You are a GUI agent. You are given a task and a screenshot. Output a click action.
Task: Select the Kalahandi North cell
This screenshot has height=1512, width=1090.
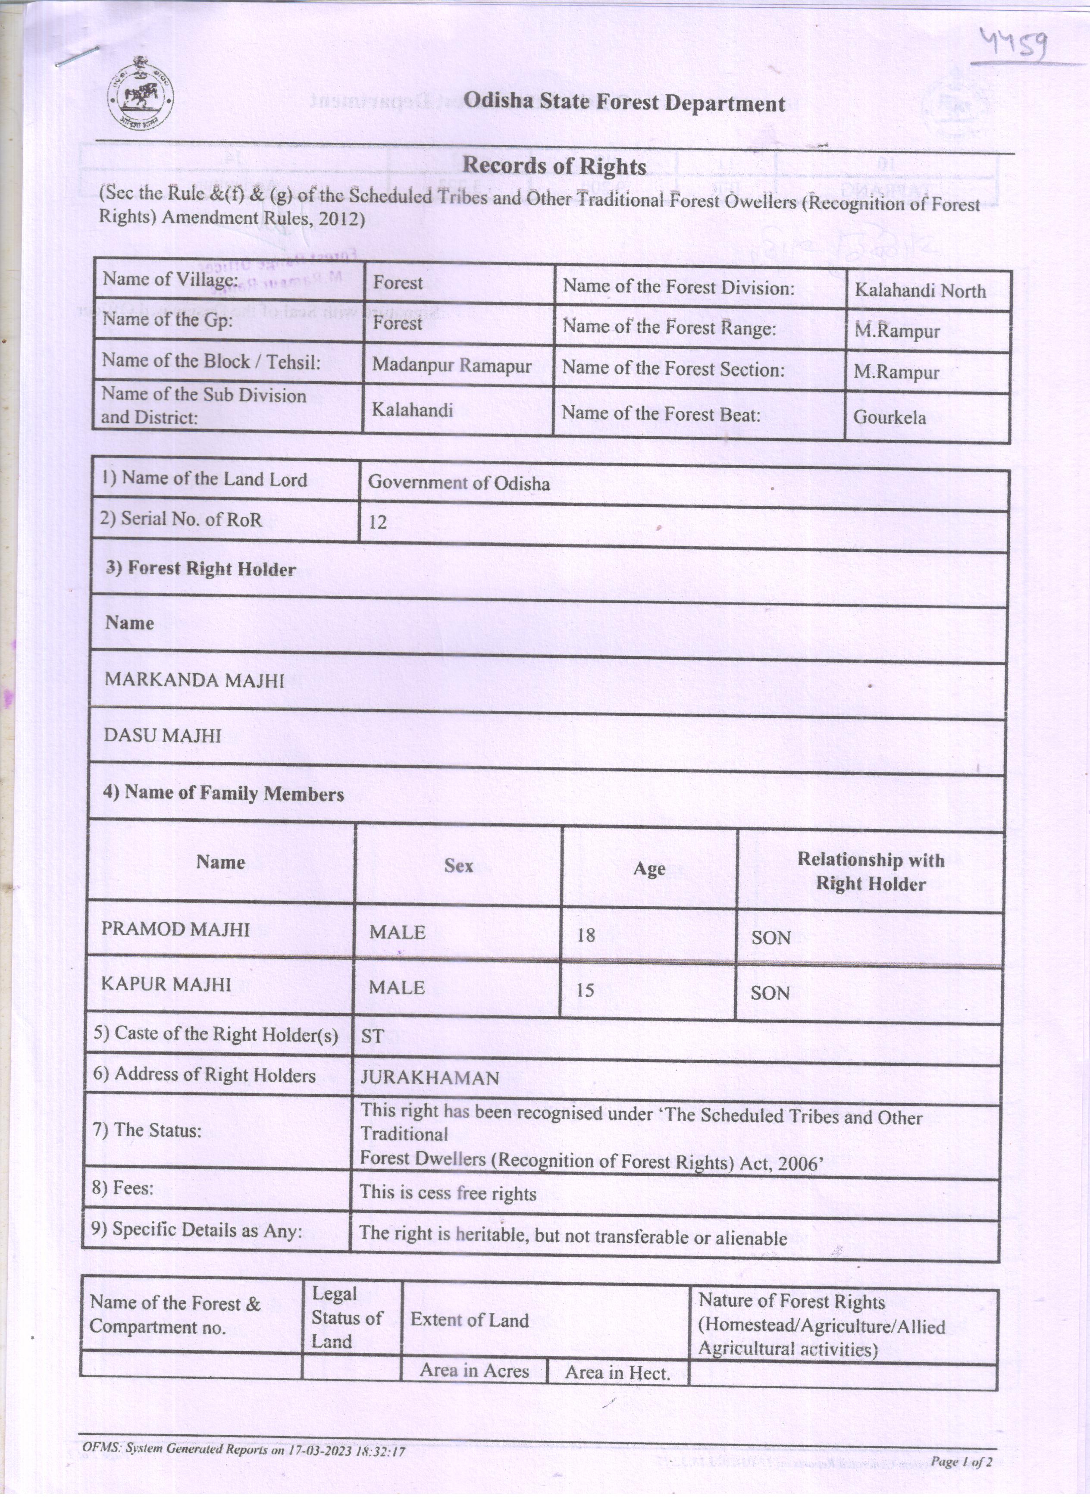(x=920, y=290)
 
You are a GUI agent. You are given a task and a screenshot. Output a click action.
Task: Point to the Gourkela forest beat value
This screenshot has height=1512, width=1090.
(x=890, y=417)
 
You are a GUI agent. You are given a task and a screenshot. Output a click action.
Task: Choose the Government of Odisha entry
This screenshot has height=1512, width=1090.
(x=459, y=483)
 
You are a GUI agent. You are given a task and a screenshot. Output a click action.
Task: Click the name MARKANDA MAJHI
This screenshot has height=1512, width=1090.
(x=194, y=680)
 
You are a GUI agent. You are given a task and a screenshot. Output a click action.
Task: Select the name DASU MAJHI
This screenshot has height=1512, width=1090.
(x=162, y=736)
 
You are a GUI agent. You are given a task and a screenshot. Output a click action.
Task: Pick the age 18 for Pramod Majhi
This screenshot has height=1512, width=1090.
(x=586, y=935)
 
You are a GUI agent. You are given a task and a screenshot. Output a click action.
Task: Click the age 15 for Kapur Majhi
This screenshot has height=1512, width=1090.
(x=585, y=990)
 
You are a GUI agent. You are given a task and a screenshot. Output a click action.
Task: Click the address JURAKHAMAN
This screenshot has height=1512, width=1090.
(x=429, y=1078)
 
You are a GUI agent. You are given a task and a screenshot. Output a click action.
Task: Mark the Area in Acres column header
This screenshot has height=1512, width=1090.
(x=474, y=1371)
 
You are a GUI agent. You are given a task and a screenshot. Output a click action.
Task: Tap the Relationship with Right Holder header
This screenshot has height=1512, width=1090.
(x=871, y=871)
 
